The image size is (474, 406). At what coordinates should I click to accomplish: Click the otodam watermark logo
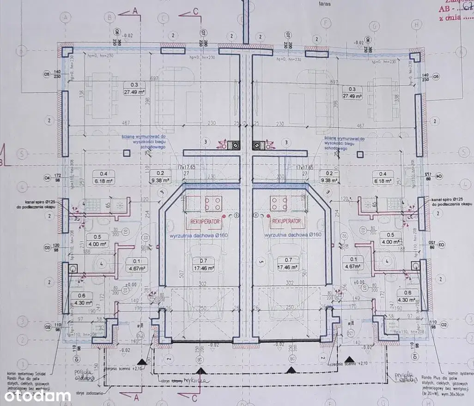(38, 396)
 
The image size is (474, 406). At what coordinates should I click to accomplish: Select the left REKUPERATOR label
(203, 221)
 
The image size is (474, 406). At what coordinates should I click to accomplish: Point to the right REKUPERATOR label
(286, 221)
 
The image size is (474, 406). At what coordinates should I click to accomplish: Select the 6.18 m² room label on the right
(383, 177)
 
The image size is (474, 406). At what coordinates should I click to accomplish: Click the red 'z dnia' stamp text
(450, 19)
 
